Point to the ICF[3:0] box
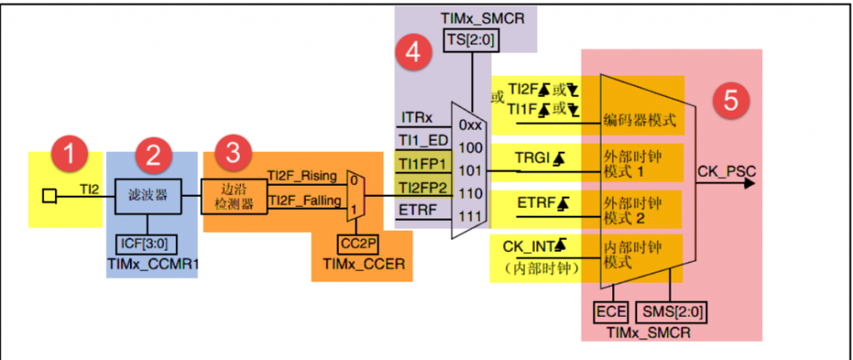(x=148, y=247)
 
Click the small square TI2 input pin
(x=49, y=196)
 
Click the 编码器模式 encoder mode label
(x=638, y=121)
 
